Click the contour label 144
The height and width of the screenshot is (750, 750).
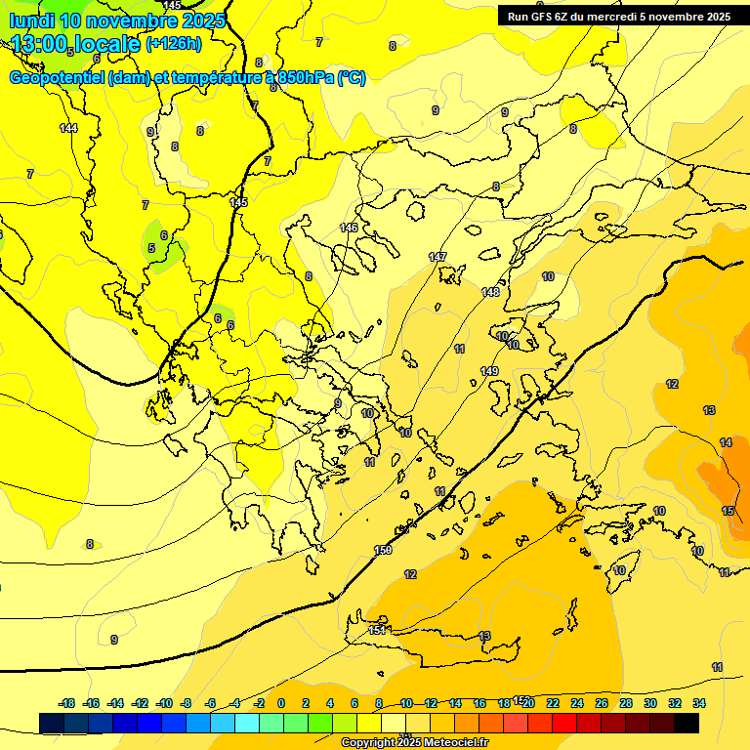pyautogui.click(x=68, y=128)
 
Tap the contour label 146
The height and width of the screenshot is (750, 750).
pyautogui.click(x=349, y=228)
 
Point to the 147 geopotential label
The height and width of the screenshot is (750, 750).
pyautogui.click(x=437, y=257)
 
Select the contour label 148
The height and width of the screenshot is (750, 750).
pyautogui.click(x=490, y=292)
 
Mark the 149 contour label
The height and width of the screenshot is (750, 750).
pyautogui.click(x=489, y=371)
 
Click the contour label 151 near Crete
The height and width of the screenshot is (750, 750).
pyautogui.click(x=378, y=631)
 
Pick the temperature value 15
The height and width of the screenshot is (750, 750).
pyautogui.click(x=728, y=511)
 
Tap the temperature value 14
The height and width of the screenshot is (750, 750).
pyautogui.click(x=726, y=442)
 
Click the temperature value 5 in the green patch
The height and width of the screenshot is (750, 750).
pyautogui.click(x=151, y=248)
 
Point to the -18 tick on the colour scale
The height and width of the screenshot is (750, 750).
pyautogui.click(x=67, y=703)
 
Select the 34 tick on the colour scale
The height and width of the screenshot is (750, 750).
pyautogui.click(x=699, y=703)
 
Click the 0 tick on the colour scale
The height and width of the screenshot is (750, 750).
pyautogui.click(x=281, y=703)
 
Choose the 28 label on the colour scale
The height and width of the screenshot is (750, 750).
pyautogui.click(x=626, y=703)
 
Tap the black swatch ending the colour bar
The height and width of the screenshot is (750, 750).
pyautogui.click(x=687, y=724)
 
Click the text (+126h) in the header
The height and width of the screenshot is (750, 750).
pyautogui.click(x=174, y=43)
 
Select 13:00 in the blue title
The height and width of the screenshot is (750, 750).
pyautogui.click(x=40, y=43)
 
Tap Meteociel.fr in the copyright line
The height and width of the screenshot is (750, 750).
pyautogui.click(x=450, y=743)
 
